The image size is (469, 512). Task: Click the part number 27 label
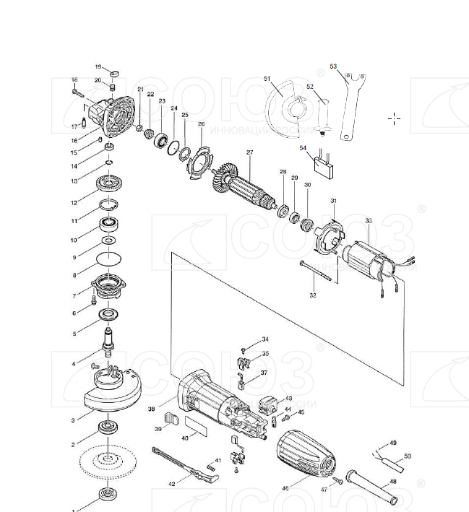coord(249,152)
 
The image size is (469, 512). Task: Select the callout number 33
coord(369,221)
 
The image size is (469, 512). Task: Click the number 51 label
coord(267,78)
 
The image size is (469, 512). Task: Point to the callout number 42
coord(172,484)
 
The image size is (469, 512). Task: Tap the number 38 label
coord(152,409)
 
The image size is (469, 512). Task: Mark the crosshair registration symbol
coord(394,118)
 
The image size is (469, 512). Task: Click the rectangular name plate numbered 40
coord(197,425)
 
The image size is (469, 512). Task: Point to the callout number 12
coord(74,203)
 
